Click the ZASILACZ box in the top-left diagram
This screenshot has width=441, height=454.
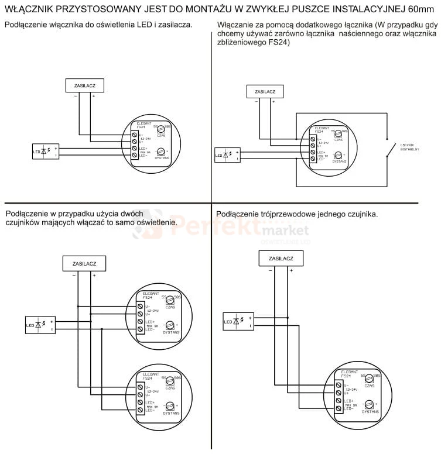coord(86,85)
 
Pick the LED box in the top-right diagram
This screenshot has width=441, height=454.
coord(227,154)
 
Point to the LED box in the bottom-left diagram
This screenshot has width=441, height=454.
coord(40,325)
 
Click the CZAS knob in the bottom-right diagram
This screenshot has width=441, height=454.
coord(369,380)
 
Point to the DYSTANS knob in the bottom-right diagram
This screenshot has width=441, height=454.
coord(369,404)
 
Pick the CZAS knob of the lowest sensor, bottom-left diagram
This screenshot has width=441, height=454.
coord(170,383)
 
